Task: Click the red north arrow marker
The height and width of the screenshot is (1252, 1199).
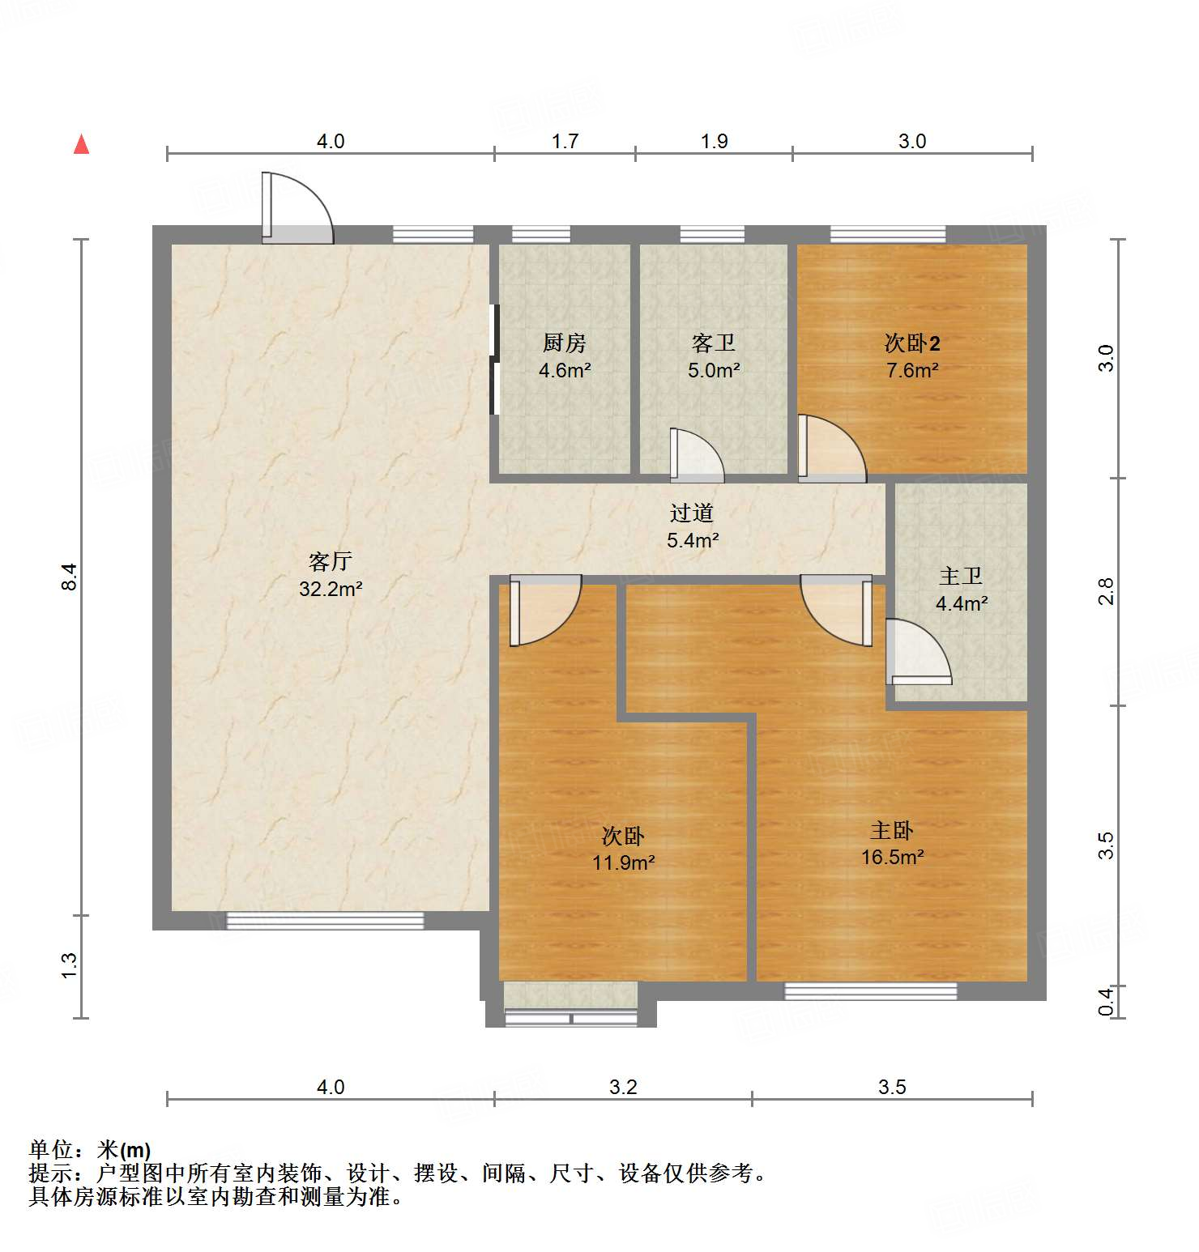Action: coord(81,144)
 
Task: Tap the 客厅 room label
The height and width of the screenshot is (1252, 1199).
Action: coord(330,561)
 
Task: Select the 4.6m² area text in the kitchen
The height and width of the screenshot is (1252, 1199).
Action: coord(565,371)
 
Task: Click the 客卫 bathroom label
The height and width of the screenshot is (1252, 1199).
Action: coord(714,343)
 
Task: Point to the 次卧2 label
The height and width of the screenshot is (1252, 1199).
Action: coord(912,343)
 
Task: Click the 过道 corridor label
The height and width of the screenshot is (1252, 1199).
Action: coord(692,513)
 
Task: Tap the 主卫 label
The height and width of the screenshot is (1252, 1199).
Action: coord(961,576)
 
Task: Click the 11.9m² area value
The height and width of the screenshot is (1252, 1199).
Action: coord(623,863)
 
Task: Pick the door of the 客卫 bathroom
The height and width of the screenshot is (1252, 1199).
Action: coord(696,456)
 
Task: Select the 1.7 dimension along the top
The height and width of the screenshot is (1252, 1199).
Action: coord(565,142)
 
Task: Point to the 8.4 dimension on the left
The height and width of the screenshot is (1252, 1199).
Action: coord(70,577)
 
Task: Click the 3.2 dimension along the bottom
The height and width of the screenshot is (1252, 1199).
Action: coord(623,1087)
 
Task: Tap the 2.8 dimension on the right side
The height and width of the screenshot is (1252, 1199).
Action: coord(1106,591)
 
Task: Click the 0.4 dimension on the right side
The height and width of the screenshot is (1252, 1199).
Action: coord(1106,1003)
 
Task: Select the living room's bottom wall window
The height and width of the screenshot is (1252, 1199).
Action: coord(325,921)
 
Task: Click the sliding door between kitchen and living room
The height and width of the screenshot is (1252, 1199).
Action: coord(494,359)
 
